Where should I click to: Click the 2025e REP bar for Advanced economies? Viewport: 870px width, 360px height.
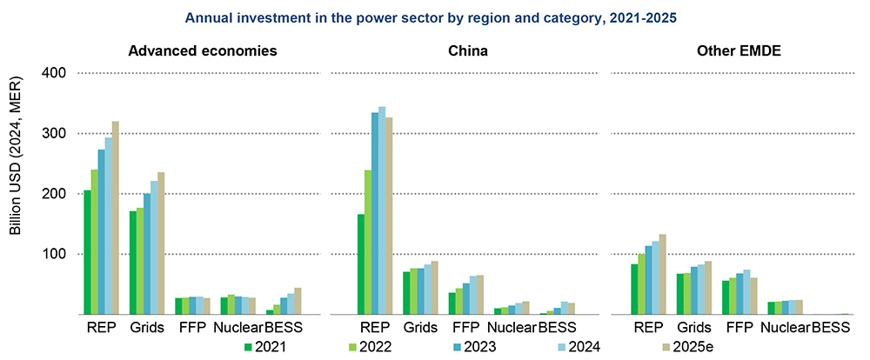pos(115,217)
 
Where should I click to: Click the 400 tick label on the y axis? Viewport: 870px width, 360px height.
pos(55,74)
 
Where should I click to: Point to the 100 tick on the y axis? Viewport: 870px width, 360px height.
pos(55,254)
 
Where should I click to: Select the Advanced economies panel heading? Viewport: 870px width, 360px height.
pos(203,51)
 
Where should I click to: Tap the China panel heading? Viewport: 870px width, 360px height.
pos(467,51)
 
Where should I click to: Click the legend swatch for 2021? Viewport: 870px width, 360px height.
pos(247,347)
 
